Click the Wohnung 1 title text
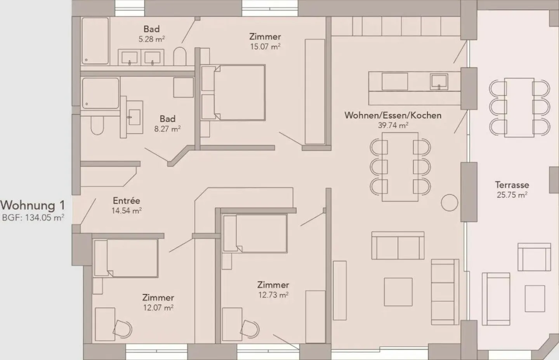click(x=33, y=205)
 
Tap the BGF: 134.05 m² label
click(x=33, y=218)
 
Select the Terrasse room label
click(x=512, y=185)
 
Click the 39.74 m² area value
click(x=393, y=125)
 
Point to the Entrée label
click(x=126, y=201)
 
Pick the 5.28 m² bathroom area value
click(x=151, y=39)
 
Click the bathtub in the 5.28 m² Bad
click(x=95, y=41)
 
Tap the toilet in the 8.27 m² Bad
click(x=97, y=125)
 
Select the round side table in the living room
click(x=449, y=202)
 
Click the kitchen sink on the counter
click(x=439, y=82)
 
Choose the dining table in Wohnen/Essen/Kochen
click(x=400, y=167)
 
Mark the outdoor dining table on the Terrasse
click(x=519, y=108)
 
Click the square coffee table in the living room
click(x=398, y=292)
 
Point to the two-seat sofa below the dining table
click(x=398, y=245)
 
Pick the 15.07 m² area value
click(x=265, y=47)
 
